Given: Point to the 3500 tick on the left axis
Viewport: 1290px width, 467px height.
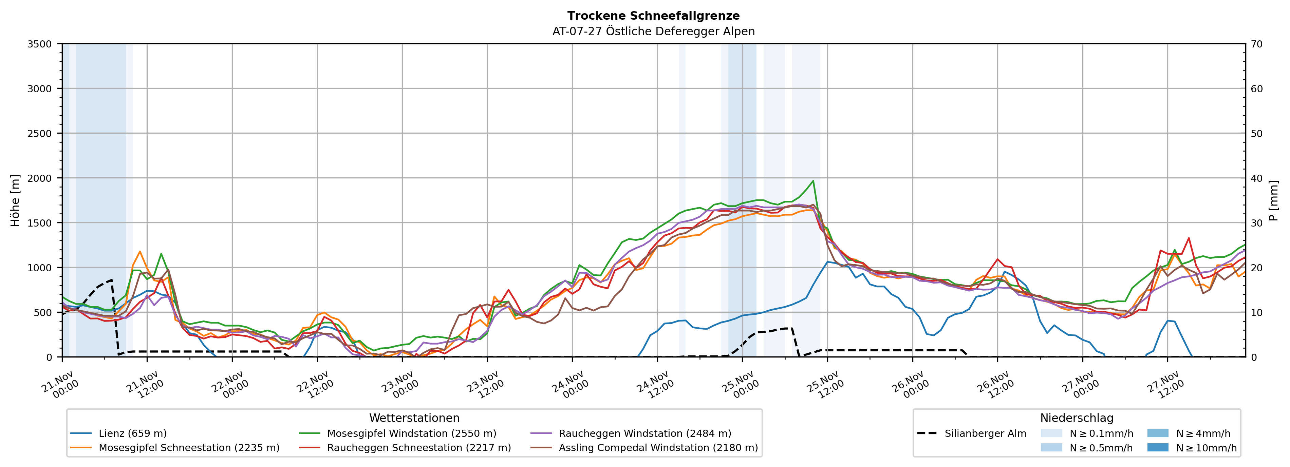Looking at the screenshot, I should click(40, 44).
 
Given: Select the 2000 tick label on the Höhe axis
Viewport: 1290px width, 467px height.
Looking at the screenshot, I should click(40, 178).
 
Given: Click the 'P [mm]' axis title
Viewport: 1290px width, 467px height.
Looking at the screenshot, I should click(1273, 200).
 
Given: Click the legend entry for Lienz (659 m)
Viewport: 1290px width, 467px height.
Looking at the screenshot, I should click(132, 433).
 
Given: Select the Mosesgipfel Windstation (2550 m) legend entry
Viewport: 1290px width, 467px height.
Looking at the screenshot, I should click(411, 433).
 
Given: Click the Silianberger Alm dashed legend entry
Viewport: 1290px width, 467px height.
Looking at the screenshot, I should click(985, 433).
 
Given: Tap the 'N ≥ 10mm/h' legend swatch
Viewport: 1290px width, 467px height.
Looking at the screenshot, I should click(1157, 447).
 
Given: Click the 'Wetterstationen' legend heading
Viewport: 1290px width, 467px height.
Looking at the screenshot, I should click(414, 418).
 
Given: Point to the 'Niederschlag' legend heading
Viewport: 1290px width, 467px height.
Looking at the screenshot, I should click(1077, 418).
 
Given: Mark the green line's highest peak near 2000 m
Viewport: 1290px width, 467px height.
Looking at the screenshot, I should click(813, 181).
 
